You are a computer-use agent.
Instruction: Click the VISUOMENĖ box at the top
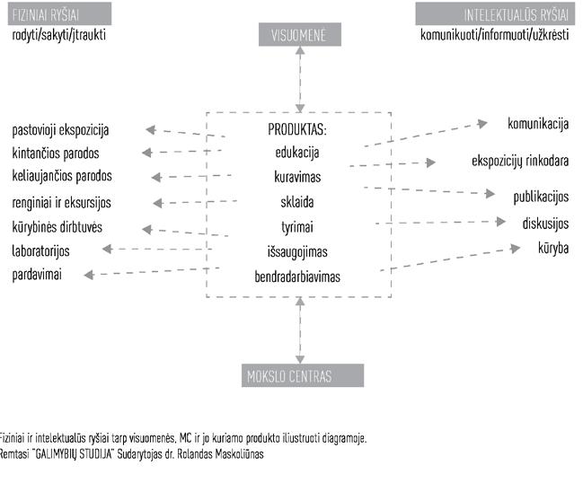click(x=299, y=36)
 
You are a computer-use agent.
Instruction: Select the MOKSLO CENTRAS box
click(x=300, y=375)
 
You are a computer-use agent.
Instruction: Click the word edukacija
click(x=298, y=153)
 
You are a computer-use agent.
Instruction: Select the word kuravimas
click(x=298, y=177)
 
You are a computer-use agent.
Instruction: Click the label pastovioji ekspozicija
click(x=60, y=130)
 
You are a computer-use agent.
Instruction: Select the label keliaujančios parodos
click(x=62, y=175)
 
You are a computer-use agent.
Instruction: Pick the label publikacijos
click(x=541, y=197)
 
